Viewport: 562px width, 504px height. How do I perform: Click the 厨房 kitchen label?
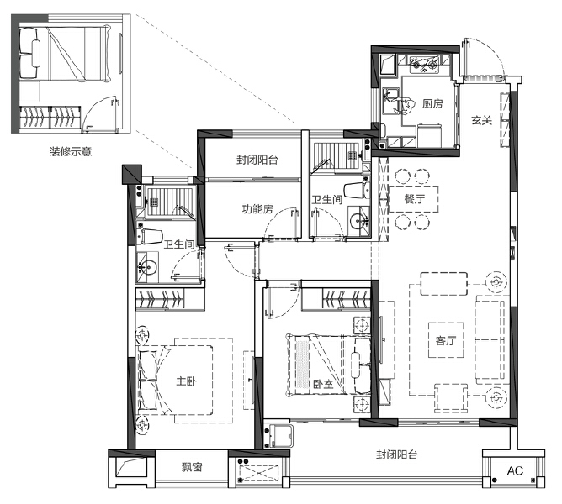[432, 104]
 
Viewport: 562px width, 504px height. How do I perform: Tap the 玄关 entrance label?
[481, 121]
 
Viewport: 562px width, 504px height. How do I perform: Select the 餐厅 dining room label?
[413, 200]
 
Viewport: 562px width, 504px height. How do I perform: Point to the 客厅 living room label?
[445, 341]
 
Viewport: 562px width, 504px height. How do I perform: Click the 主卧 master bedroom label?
[187, 381]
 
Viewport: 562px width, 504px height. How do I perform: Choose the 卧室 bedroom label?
[323, 385]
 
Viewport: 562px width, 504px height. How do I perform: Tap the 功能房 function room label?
[257, 209]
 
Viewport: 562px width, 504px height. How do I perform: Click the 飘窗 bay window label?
[191, 467]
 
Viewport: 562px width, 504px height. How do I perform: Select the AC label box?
[514, 471]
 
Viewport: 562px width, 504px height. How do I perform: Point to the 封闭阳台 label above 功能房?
[257, 160]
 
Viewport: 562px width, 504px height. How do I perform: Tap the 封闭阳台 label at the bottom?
[397, 454]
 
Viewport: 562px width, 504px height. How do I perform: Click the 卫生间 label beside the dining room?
[326, 200]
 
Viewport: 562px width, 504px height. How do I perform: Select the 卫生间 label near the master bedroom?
[179, 244]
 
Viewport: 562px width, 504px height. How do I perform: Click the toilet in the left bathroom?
[151, 234]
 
